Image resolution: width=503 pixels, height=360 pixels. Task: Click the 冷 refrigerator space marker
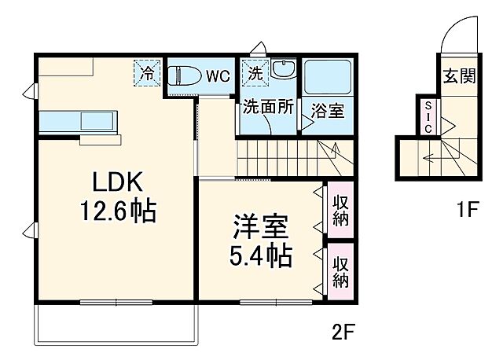pos(147,73)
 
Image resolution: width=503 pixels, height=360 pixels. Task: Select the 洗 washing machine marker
pos(255,73)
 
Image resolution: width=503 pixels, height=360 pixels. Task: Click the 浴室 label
pos(328,111)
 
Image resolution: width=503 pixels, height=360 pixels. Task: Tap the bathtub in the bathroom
pos(328,77)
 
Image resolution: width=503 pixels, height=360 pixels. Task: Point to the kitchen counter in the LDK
pos(77,123)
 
